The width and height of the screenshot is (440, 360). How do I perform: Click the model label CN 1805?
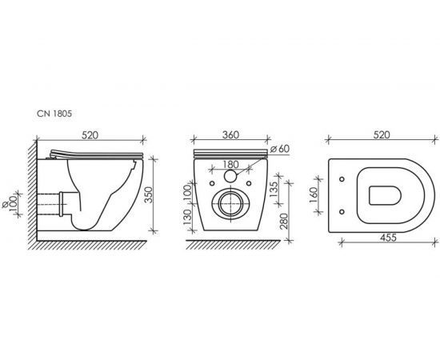(54, 114)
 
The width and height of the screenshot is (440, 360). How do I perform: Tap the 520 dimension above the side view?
(90, 135)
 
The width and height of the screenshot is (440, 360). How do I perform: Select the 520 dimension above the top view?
(382, 135)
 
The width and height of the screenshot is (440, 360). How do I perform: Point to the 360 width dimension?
(230, 135)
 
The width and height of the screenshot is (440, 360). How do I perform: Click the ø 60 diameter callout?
(280, 149)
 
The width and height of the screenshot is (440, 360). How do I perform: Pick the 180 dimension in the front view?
(230, 165)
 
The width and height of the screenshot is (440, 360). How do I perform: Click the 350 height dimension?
(148, 194)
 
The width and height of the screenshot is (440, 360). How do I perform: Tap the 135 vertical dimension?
(273, 189)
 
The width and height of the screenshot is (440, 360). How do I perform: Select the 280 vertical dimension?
(284, 222)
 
